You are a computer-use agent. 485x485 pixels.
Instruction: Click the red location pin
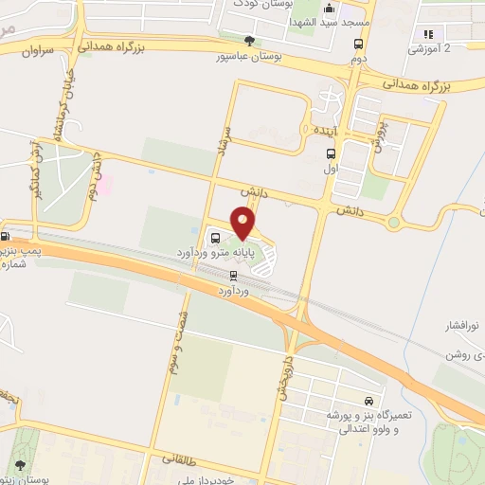[x=243, y=224]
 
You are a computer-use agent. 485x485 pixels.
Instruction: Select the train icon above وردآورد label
[x=233, y=275]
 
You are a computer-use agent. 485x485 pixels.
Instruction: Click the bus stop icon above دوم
[x=358, y=44]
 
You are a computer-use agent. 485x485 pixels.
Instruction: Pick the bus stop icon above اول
[x=331, y=153]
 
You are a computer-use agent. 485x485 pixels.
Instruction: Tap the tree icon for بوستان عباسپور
[x=249, y=41]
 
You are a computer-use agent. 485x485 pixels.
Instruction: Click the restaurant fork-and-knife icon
[x=428, y=34]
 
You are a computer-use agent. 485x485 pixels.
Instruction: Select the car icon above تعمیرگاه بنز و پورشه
[x=368, y=401]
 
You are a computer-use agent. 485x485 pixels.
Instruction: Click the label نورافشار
[x=463, y=327]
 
